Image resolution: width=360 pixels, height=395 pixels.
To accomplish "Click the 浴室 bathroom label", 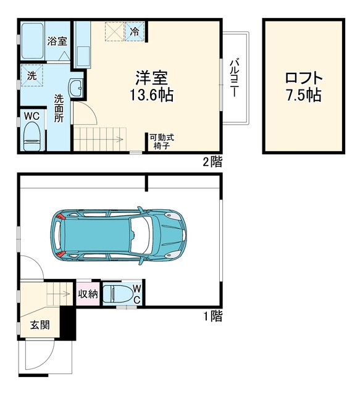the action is (x=57, y=41).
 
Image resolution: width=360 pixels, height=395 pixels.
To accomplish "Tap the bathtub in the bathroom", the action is (x=32, y=41).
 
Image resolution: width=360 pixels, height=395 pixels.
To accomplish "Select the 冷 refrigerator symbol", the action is (x=135, y=31).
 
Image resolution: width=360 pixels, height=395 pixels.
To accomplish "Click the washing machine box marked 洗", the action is (x=31, y=75).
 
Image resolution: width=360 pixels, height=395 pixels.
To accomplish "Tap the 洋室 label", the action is (x=152, y=78).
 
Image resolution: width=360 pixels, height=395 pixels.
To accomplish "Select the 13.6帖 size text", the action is (x=152, y=94).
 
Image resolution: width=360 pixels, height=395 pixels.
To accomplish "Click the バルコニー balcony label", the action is (x=234, y=78).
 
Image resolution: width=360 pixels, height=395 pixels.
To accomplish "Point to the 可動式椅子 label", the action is (x=162, y=141).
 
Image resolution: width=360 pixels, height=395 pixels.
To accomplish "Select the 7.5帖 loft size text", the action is (x=304, y=94).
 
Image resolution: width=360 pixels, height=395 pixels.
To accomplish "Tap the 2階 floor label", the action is (x=213, y=162).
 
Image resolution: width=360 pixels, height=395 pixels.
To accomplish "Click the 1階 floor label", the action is (x=213, y=316).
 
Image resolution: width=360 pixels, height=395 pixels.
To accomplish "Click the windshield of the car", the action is (x=142, y=235).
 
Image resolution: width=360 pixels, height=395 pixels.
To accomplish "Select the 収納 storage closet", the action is (x=88, y=294).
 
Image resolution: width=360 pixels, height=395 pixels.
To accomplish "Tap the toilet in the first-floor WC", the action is (x=117, y=294).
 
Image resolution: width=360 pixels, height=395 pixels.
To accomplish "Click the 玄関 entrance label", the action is (x=40, y=325).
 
